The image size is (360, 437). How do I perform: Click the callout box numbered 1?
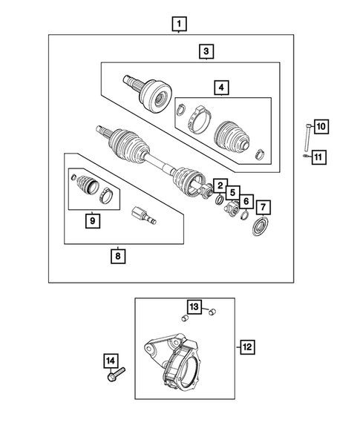(x=178, y=24)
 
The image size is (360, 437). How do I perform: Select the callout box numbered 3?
(x=206, y=51)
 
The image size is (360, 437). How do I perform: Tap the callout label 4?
(x=221, y=88)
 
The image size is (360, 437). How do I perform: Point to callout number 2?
(x=220, y=185)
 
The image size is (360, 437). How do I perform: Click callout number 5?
(x=232, y=193)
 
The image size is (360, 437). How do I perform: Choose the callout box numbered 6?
(x=246, y=200)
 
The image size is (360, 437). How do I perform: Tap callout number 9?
(x=92, y=220)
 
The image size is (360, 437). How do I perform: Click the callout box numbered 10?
(x=320, y=127)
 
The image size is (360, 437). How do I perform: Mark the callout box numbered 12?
(x=247, y=346)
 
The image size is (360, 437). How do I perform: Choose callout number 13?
(x=193, y=308)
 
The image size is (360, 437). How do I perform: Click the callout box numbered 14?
(x=110, y=361)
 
